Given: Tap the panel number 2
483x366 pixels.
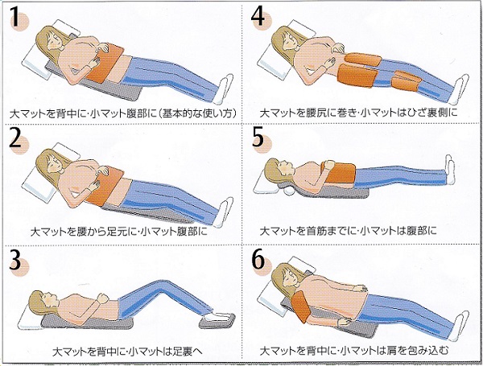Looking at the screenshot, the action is [15, 137].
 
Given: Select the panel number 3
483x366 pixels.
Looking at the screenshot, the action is [15, 260].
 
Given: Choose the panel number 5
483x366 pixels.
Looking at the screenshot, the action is [258, 137].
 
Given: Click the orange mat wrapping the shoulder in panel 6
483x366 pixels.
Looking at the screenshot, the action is [300, 306].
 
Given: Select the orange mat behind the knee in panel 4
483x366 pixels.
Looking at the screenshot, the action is [406, 81].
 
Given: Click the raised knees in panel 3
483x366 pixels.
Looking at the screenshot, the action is [162, 287].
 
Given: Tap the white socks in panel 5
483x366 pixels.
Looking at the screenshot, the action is [450, 170].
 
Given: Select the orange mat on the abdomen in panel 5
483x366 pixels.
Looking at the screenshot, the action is [339, 172].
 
